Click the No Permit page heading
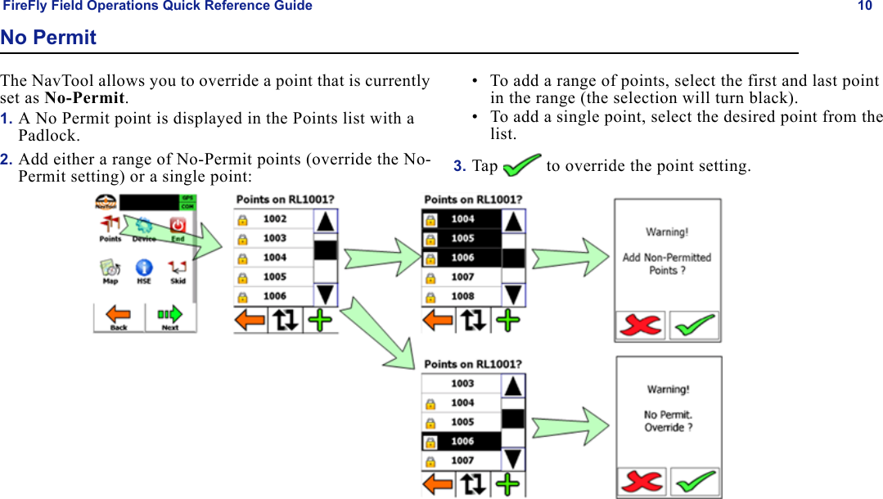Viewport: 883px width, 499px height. pyautogui.click(x=48, y=38)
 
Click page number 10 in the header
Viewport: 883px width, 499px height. pyautogui.click(x=865, y=7)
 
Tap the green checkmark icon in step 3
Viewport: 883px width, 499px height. pyautogui.click(x=522, y=165)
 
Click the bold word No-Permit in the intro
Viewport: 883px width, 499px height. pyautogui.click(x=84, y=98)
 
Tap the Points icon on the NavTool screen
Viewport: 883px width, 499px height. pyautogui.click(x=110, y=228)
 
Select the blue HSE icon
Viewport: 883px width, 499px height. pyautogui.click(x=144, y=271)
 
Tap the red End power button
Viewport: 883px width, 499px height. pyautogui.click(x=178, y=228)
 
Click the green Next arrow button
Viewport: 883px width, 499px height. pyautogui.click(x=170, y=316)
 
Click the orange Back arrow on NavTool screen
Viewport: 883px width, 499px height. pyautogui.click(x=119, y=316)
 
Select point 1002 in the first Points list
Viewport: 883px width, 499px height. pyautogui.click(x=275, y=219)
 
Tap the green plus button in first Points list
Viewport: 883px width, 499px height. pyautogui.click(x=321, y=320)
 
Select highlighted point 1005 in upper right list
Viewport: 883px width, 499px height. pyautogui.click(x=462, y=238)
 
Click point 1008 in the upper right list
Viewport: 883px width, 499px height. pyautogui.click(x=462, y=296)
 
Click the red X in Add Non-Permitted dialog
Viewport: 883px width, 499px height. pyautogui.click(x=641, y=325)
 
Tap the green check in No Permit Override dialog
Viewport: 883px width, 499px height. pyautogui.click(x=695, y=482)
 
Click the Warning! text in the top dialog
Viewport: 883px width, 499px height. pyautogui.click(x=667, y=232)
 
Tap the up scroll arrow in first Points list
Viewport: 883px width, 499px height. pyautogui.click(x=326, y=221)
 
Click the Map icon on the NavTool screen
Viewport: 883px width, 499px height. pyautogui.click(x=110, y=271)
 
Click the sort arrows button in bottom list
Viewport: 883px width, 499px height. pyautogui.click(x=474, y=484)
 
